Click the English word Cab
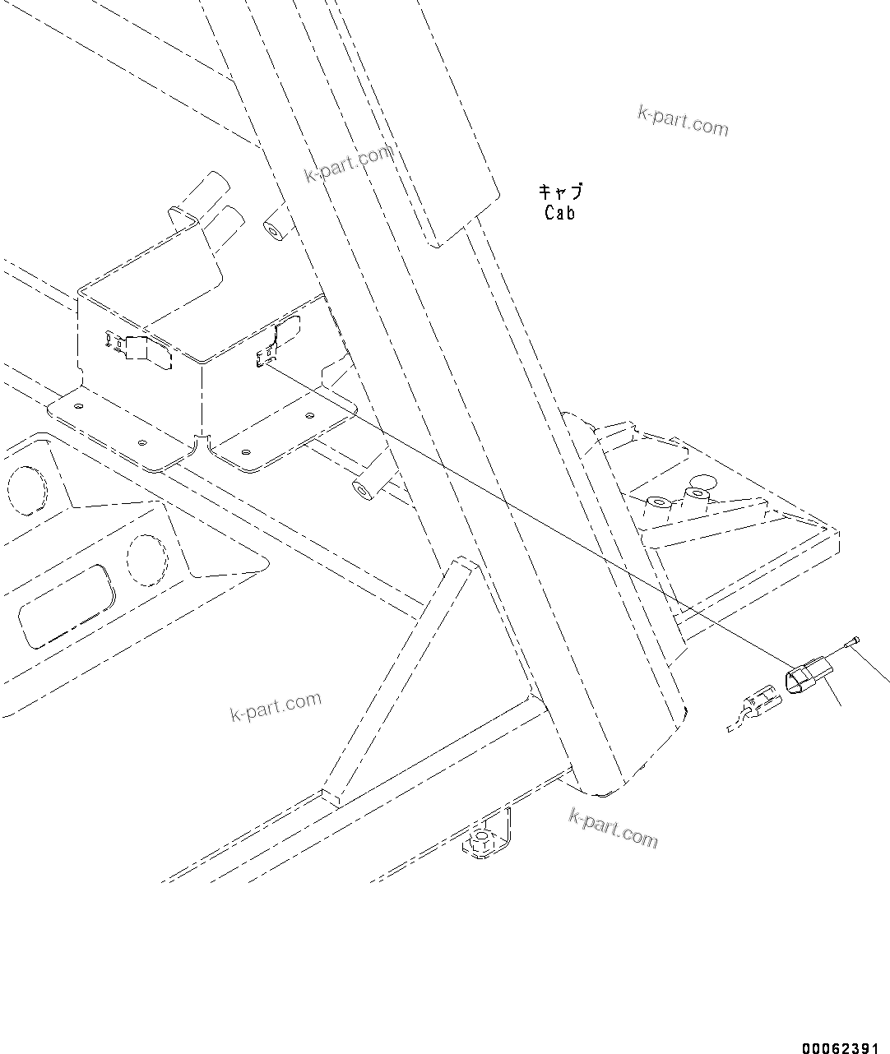(560, 213)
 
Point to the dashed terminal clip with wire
(753, 710)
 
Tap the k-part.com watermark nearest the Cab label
(683, 121)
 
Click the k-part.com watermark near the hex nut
(613, 827)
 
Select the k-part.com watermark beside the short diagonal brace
(276, 706)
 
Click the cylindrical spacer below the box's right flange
(363, 490)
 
